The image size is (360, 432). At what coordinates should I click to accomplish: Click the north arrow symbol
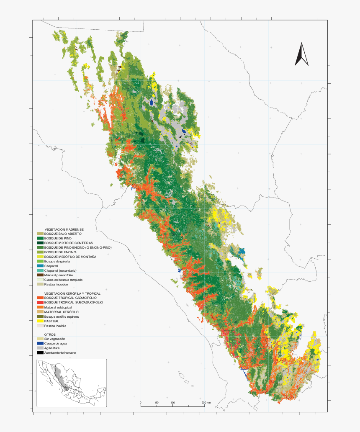[301, 54]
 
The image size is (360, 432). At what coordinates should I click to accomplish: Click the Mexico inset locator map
[71, 383]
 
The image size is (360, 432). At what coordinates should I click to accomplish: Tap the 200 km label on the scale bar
[206, 403]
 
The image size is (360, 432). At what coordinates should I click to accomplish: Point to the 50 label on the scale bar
[157, 403]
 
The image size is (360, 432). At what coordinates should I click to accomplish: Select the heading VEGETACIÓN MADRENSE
[64, 229]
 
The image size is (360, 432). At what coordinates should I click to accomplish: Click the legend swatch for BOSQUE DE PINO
[40, 238]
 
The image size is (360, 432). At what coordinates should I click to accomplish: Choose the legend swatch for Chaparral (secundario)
[40, 270]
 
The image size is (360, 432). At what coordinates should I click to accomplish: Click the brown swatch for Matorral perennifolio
[40, 275]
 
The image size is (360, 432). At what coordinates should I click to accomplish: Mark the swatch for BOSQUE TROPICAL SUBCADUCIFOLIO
[40, 302]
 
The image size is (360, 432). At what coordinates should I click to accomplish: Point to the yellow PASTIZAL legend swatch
[40, 321]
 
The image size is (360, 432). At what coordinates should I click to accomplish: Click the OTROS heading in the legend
[50, 334]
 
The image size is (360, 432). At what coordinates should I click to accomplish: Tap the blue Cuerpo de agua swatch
[40, 343]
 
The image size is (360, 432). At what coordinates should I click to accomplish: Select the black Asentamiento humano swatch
[40, 353]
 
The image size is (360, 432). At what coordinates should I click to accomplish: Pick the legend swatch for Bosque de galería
[40, 261]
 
